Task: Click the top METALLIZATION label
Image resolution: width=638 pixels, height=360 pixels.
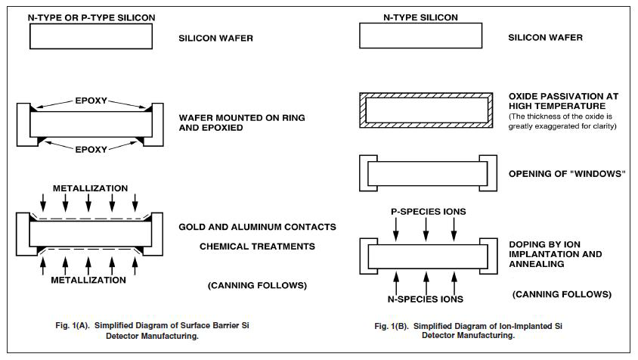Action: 89,188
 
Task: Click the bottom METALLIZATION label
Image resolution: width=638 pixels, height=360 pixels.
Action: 89,280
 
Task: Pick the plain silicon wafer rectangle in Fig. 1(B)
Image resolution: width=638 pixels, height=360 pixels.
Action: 420,36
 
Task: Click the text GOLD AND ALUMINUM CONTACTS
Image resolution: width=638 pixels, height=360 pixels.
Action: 257,227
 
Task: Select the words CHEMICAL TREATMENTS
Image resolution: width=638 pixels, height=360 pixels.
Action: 257,247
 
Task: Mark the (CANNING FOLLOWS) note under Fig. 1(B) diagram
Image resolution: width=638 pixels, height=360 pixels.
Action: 561,294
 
